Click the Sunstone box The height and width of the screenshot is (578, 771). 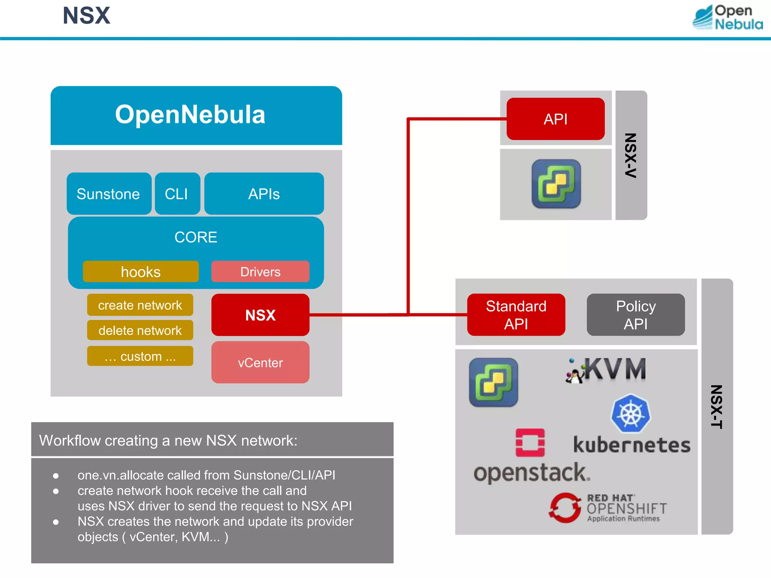coord(109,194)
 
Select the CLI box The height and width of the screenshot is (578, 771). coord(177,194)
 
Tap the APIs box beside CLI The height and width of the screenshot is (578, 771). coord(264,194)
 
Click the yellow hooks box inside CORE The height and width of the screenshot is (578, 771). coord(140,272)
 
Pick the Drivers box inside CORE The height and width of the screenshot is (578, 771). coord(260,272)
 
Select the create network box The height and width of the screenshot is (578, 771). coord(140,305)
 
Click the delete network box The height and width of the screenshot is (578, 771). coord(140,330)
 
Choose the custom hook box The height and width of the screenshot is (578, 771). coord(140,356)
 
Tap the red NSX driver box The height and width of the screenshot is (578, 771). coord(260,315)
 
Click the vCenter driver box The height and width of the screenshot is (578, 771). coord(260,362)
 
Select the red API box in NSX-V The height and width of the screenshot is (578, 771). coord(555,119)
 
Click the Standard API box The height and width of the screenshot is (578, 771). coord(516,315)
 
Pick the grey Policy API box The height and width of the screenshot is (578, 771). coord(635,315)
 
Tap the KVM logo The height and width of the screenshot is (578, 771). coord(606,370)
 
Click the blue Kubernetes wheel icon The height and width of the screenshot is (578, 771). coord(631,413)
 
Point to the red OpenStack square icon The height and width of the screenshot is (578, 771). coord(530,443)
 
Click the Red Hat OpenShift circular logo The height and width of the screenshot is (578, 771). coord(565,508)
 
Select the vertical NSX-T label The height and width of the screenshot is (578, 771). coord(716,406)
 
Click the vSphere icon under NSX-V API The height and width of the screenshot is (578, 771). coord(556,184)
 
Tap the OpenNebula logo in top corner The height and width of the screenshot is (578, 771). coord(727,17)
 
